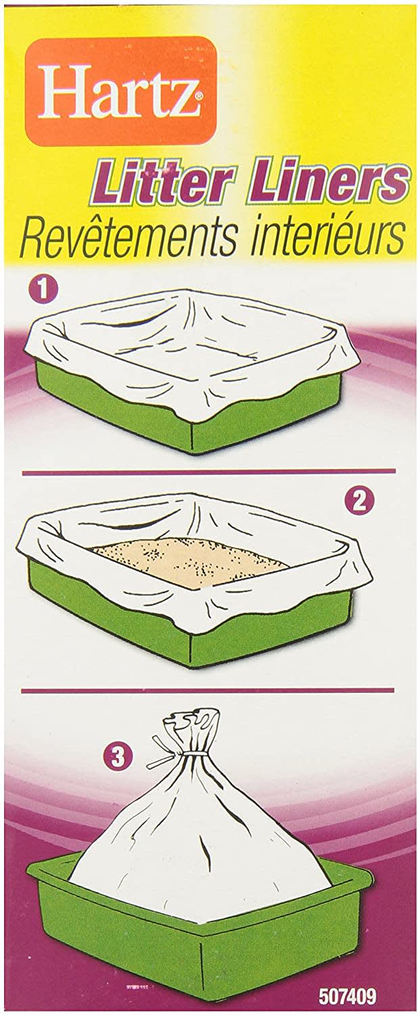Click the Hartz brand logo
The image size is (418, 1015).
pyautogui.click(x=120, y=91)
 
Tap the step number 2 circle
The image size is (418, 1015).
pyautogui.click(x=358, y=501)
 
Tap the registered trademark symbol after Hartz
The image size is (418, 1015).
pyautogui.click(x=197, y=96)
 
